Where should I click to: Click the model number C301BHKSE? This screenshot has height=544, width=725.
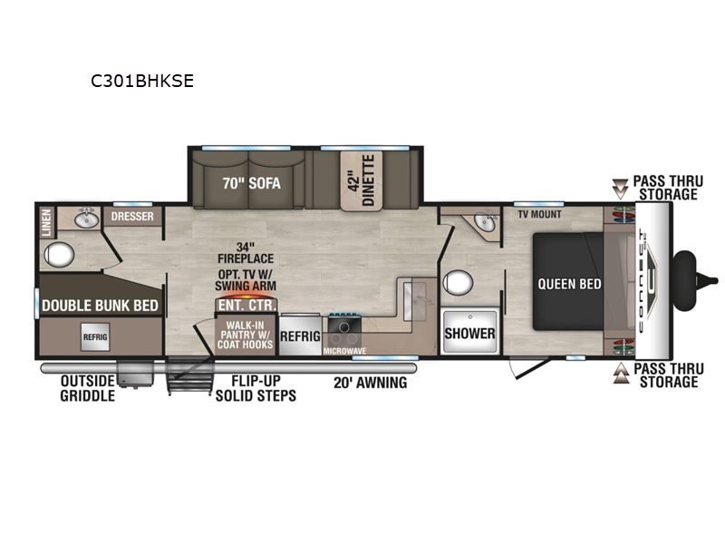(142, 81)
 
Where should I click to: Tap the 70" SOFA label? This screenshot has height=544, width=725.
(252, 184)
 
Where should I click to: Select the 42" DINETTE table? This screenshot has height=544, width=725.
(362, 180)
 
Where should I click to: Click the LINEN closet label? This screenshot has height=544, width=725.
(47, 222)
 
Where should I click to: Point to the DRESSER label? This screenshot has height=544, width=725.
(132, 216)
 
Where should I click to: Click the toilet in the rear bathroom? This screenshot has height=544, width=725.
(59, 255)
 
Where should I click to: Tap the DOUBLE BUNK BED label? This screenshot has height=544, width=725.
(100, 306)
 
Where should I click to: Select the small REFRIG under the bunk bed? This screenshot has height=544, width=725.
(95, 336)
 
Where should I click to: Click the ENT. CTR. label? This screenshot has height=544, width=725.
(246, 306)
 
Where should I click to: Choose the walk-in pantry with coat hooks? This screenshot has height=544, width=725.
(245, 335)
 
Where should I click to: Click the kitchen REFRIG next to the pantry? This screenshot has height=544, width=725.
(300, 335)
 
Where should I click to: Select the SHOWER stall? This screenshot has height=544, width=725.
(469, 331)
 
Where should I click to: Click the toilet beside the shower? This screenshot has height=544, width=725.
(458, 283)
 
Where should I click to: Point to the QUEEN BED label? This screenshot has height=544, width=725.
(569, 284)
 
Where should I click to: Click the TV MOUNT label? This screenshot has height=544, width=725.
(539, 214)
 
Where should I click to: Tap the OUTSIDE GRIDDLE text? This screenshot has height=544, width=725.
(87, 388)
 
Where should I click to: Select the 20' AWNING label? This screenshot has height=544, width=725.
(371, 383)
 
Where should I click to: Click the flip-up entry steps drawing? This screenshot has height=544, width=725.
(190, 375)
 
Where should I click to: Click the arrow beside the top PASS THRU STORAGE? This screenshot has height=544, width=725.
(620, 189)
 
